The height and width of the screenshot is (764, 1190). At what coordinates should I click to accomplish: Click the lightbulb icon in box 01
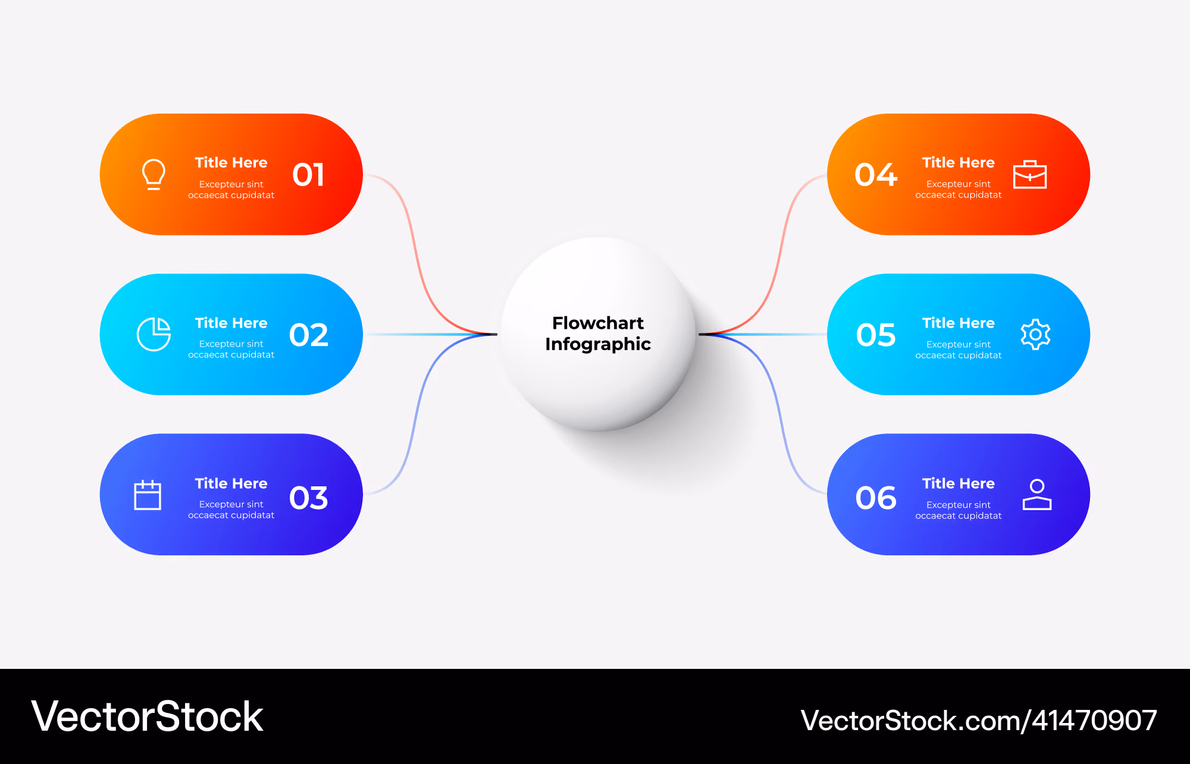tap(154, 174)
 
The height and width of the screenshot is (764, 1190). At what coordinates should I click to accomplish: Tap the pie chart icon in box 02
tap(154, 334)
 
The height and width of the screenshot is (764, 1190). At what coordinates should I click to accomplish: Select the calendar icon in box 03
tap(148, 495)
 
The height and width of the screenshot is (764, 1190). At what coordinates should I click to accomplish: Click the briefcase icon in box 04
tap(1030, 174)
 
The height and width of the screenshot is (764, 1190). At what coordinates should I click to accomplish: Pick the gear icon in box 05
tap(1035, 334)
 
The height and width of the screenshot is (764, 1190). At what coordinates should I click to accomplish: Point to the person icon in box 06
tap(1037, 495)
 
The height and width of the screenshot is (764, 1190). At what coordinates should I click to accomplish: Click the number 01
tap(308, 175)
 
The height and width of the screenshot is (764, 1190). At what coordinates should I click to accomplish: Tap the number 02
tap(308, 335)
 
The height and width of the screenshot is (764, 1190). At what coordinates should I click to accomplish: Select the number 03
tap(308, 498)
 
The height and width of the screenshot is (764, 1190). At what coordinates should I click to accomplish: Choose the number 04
tap(876, 175)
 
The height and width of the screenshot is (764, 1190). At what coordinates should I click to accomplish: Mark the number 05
tap(876, 335)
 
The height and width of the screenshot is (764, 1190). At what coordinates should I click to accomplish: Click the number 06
tap(876, 498)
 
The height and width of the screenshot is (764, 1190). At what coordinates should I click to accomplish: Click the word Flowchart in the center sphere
tap(598, 323)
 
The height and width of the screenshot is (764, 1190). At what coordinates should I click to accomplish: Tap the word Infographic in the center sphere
tap(598, 344)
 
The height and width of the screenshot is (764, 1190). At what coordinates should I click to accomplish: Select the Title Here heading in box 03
tap(231, 483)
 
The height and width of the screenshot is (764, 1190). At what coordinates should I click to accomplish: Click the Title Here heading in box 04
tap(958, 162)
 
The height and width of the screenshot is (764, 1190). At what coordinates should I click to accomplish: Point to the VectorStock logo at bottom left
tap(147, 716)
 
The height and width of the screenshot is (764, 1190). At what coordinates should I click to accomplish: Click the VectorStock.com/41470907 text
tap(979, 721)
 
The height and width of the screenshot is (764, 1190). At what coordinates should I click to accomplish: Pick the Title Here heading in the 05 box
tap(958, 323)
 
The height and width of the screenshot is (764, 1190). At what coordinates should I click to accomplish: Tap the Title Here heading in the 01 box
tap(231, 162)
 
